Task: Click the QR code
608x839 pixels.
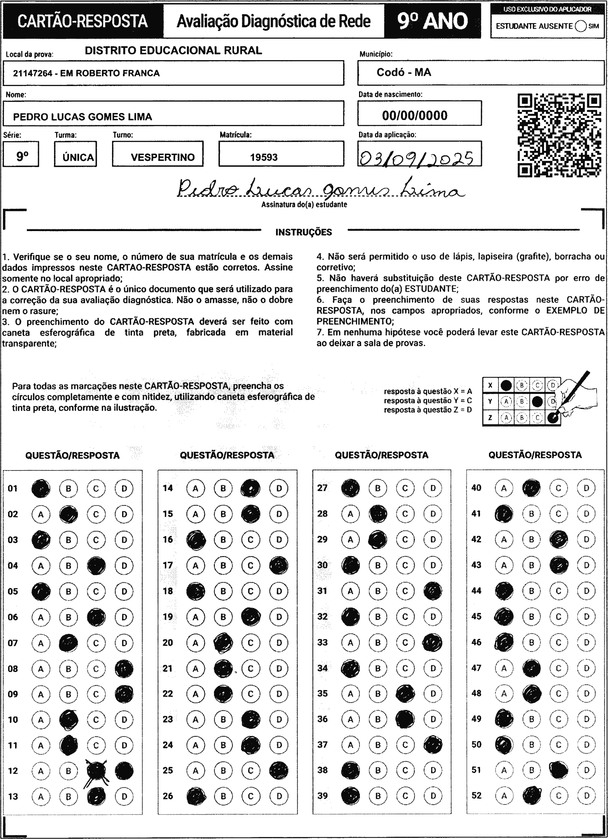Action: coord(559,135)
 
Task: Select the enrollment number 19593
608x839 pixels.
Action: coord(264,157)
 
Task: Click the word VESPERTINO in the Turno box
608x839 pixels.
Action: coord(162,157)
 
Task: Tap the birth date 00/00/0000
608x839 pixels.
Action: coord(415,116)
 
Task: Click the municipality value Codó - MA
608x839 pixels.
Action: coord(404,72)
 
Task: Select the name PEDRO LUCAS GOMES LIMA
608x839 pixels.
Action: coord(82,117)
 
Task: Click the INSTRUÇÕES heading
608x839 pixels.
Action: coord(303,232)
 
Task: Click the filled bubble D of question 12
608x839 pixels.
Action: coord(124,771)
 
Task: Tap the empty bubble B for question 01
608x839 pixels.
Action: coord(68,488)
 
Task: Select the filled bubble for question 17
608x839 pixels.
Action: coord(279,565)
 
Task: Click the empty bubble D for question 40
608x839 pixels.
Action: coord(586,488)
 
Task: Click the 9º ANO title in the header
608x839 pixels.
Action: coord(433,21)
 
